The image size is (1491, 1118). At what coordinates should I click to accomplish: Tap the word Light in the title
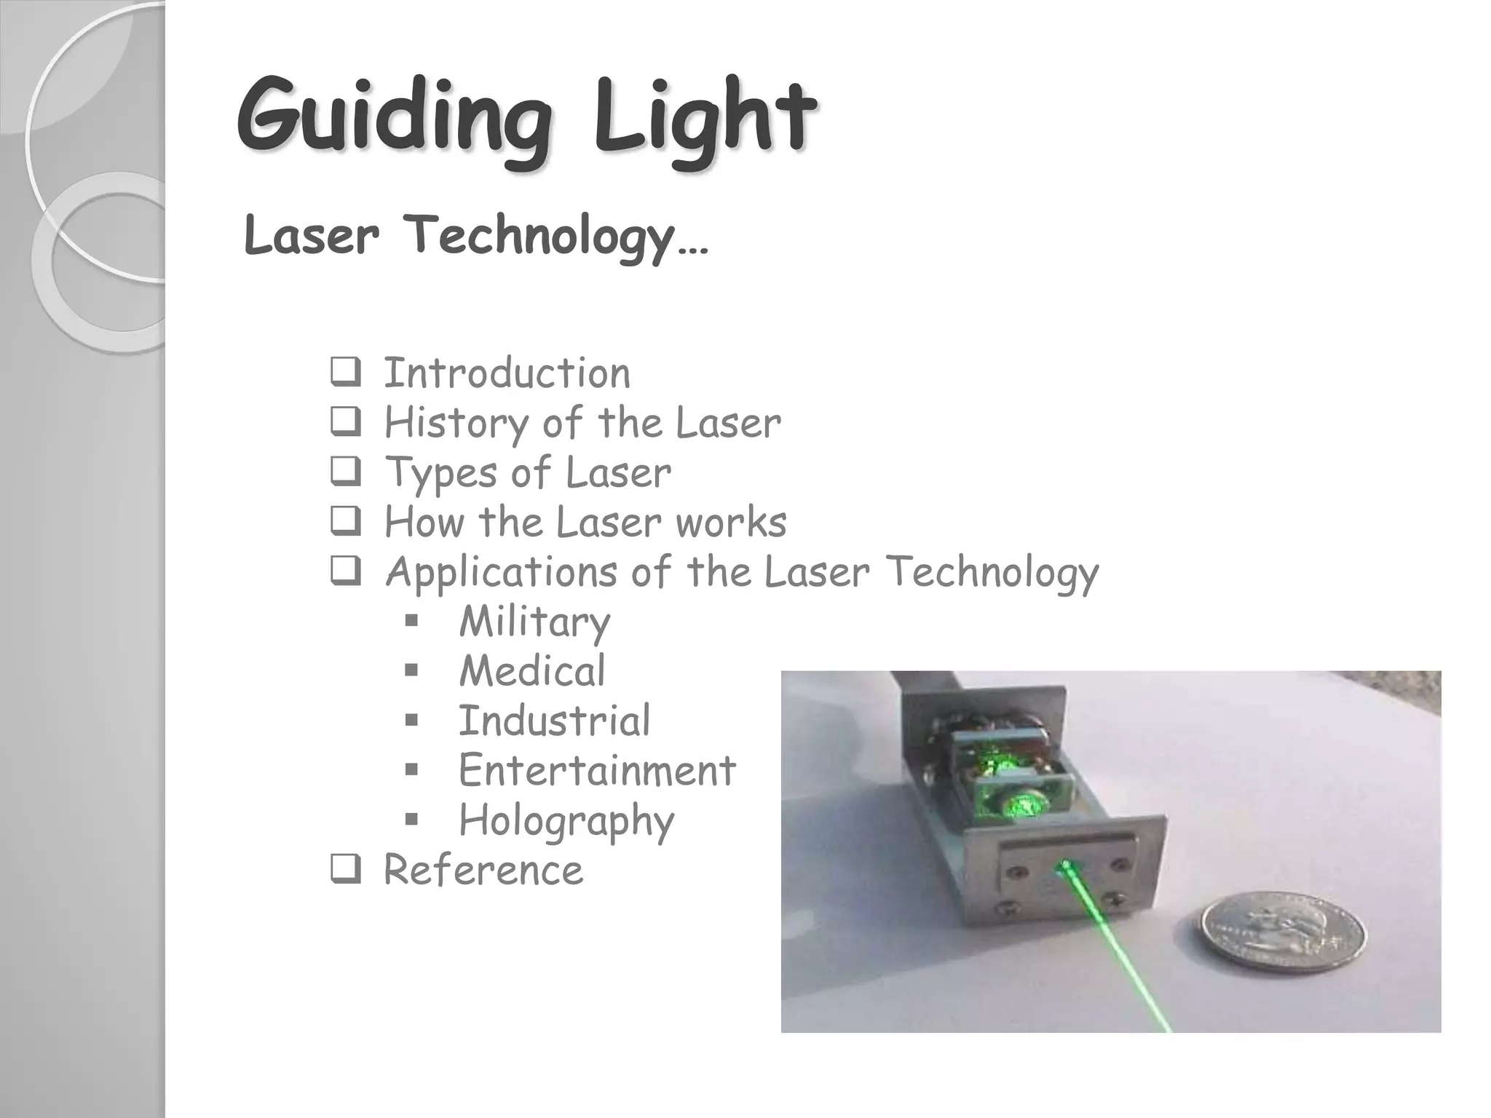(x=703, y=120)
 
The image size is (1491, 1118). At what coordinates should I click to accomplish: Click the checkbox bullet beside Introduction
(x=345, y=373)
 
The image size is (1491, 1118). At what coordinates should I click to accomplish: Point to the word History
(x=456, y=423)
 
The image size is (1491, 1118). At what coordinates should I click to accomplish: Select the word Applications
(x=501, y=572)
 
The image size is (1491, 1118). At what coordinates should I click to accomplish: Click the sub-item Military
(x=534, y=622)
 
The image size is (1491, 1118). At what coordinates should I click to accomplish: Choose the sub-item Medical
(x=531, y=671)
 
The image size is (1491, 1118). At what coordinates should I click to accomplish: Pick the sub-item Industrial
(x=554, y=721)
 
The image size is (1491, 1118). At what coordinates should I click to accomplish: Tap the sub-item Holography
(x=566, y=821)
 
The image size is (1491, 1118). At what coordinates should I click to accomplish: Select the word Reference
(x=483, y=870)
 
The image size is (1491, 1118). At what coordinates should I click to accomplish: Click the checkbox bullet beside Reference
(x=345, y=870)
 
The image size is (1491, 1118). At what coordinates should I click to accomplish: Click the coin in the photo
(x=1283, y=932)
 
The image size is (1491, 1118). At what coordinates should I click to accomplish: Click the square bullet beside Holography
(x=411, y=820)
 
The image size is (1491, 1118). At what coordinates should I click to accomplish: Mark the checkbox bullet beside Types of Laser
(x=345, y=473)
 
